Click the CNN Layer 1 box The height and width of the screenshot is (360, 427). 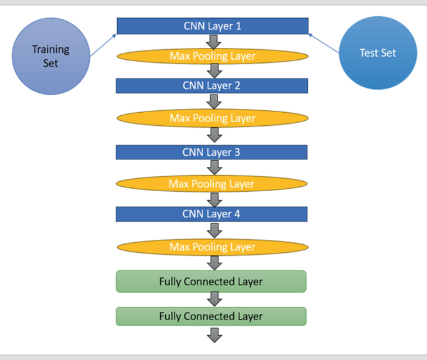tap(212, 26)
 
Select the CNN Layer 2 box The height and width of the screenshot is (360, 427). tap(212, 86)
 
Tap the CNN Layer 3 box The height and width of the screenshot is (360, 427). tap(212, 152)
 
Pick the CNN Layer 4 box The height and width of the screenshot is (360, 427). tap(212, 214)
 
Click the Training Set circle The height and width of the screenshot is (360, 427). tap(50, 55)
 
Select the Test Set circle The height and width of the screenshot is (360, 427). tap(378, 53)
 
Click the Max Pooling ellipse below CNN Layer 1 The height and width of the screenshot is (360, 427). tap(212, 56)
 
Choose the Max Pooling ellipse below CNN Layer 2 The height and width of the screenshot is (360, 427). tap(212, 118)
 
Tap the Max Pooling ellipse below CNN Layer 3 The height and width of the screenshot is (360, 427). tap(212, 184)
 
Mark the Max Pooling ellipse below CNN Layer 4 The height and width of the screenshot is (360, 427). tap(212, 247)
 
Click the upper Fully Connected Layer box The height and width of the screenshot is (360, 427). tap(211, 282)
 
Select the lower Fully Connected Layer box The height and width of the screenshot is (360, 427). tap(211, 316)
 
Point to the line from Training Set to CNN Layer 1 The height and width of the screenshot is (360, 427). tap(103, 45)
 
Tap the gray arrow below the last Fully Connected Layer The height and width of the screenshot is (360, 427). tap(214, 334)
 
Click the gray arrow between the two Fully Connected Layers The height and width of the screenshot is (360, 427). tap(214, 300)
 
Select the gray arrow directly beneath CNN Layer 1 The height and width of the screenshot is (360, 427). tap(214, 41)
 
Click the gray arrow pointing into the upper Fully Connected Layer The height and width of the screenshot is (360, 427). tap(214, 263)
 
